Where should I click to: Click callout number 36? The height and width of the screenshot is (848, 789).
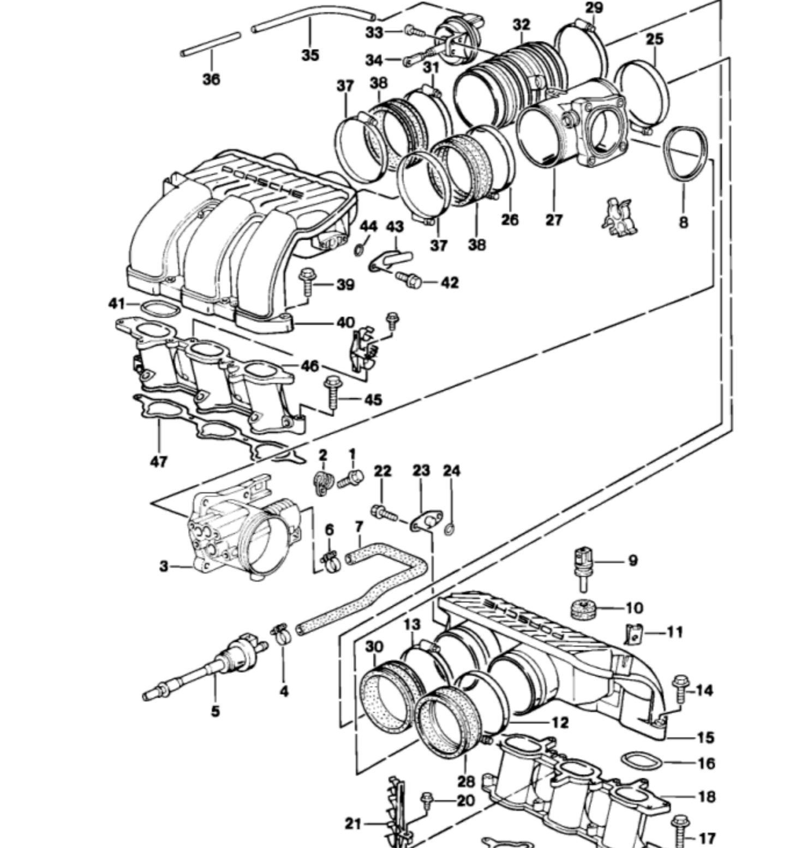click(x=211, y=79)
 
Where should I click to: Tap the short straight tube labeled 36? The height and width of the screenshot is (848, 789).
click(x=211, y=44)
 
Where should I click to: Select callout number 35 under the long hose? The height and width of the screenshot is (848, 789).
click(x=310, y=55)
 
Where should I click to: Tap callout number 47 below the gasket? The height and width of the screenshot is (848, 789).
click(x=159, y=462)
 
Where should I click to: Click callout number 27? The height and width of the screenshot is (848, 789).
click(x=554, y=220)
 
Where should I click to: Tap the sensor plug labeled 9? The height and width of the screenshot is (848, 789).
click(x=582, y=567)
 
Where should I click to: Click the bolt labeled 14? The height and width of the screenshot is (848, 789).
click(x=680, y=692)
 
